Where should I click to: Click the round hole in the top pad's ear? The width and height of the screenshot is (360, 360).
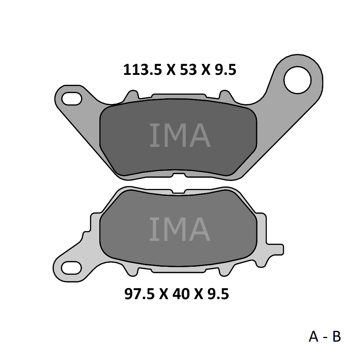click(297, 80)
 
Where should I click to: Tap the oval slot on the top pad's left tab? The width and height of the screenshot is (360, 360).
click(72, 99)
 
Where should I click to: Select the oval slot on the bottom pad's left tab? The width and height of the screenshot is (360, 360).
click(71, 267)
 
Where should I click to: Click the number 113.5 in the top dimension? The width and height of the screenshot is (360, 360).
click(143, 70)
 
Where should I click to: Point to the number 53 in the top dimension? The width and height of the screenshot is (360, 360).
click(189, 70)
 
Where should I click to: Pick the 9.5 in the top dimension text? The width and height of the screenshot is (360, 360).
click(225, 70)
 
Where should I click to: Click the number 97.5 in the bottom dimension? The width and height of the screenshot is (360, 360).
click(139, 294)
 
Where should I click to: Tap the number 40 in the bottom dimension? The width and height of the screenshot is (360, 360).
click(181, 294)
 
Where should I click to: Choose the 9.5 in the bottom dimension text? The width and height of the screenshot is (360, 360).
click(218, 294)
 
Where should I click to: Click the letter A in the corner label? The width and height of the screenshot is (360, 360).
click(314, 337)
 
